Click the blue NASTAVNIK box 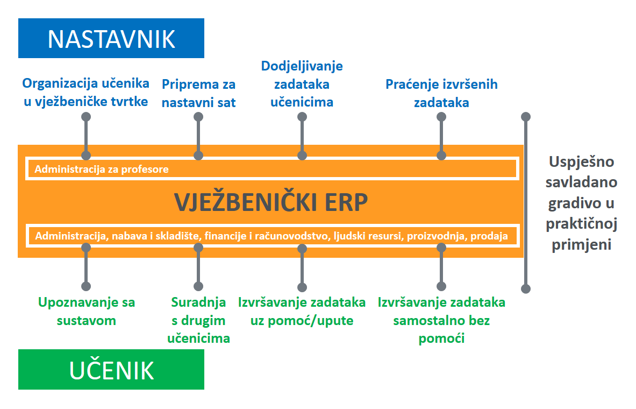coord(111,38)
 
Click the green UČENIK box coord(111,369)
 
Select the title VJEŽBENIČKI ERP coord(271,202)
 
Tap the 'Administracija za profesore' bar coord(273,168)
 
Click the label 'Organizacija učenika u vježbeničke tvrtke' coord(85,92)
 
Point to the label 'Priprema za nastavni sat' coord(198,94)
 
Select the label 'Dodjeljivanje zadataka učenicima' coord(302,84)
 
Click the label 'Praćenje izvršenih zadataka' coord(441,94)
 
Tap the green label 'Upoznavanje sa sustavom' coord(87,311)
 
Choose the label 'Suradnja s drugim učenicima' coord(198,320)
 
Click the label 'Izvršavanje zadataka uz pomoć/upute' coord(302,311)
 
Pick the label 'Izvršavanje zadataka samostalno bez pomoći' coord(441,320)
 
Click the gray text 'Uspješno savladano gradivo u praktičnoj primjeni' coord(581,203)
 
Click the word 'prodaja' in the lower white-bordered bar coord(489,236)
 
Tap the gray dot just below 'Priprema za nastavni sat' coord(198,117)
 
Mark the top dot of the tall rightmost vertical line coord(526,117)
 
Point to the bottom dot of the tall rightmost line coord(526,289)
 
